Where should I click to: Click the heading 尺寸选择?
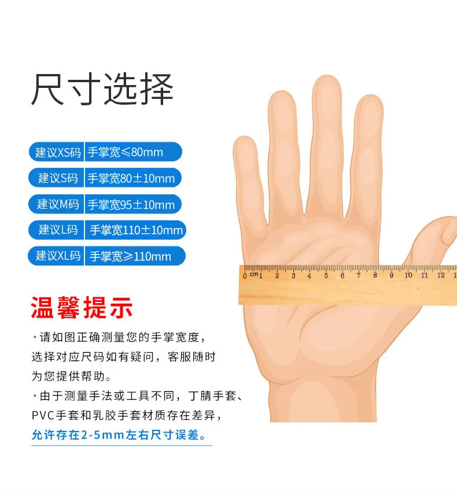point(102,89)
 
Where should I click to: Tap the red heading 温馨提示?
point(82,308)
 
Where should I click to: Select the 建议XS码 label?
point(58,152)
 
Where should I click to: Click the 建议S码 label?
point(58,178)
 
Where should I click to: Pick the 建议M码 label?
point(58,204)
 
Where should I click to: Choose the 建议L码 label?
point(58,230)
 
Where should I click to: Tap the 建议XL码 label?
point(58,256)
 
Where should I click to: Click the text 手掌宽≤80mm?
point(125,152)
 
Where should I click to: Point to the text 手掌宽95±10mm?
point(131,205)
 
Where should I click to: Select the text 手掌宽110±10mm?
point(136,230)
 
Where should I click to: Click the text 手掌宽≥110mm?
point(130,256)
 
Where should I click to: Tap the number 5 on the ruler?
point(326,276)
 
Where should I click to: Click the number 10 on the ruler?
point(408,275)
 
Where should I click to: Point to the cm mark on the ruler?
point(254,274)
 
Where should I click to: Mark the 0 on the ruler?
point(245,277)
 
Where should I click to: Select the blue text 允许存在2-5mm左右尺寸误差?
point(119,435)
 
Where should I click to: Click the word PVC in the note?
point(43,415)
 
